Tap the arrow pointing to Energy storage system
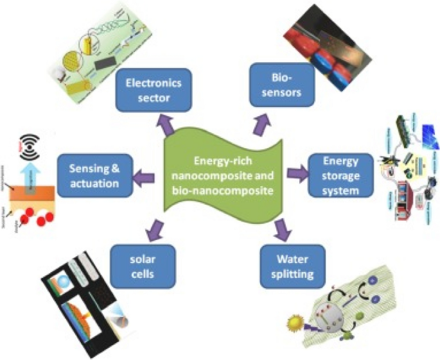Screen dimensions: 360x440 click(x=295, y=172)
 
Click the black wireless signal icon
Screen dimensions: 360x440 click(x=26, y=142)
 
